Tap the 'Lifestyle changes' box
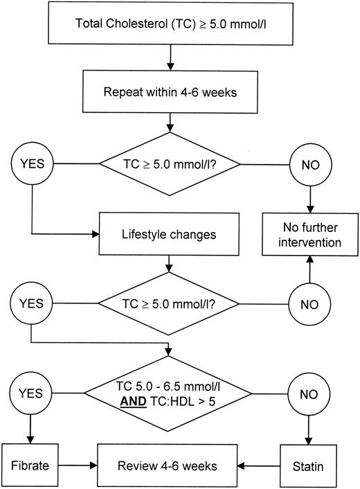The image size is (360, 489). pyautogui.click(x=169, y=234)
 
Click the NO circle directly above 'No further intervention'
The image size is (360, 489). pyautogui.click(x=309, y=164)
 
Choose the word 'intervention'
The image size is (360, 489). pyautogui.click(x=309, y=243)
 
